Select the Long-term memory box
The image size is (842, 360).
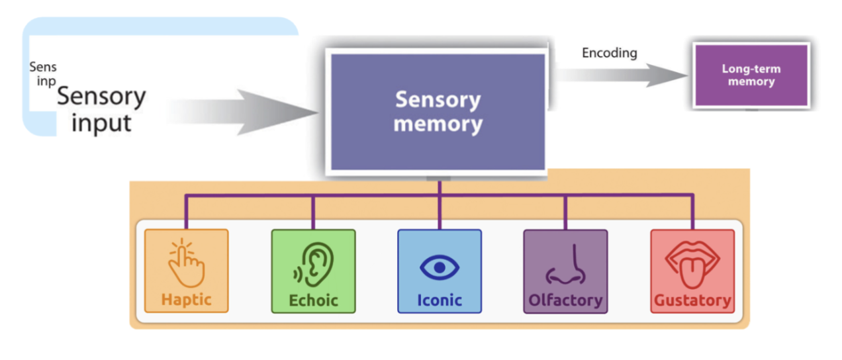[x=751, y=75]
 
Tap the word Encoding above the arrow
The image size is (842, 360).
[x=609, y=53]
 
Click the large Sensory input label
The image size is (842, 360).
[x=101, y=109]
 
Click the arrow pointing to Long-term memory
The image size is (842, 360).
[x=622, y=75]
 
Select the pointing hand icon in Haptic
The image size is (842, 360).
[x=186, y=263]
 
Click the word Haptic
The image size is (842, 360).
[x=186, y=300]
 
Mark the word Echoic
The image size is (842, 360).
[x=313, y=300]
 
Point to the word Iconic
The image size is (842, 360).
[x=439, y=300]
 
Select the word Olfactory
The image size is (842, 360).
[x=565, y=300]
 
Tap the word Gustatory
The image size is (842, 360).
[x=692, y=301]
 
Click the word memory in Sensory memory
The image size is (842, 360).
[x=438, y=124]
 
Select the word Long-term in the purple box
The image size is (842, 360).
[x=751, y=69]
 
